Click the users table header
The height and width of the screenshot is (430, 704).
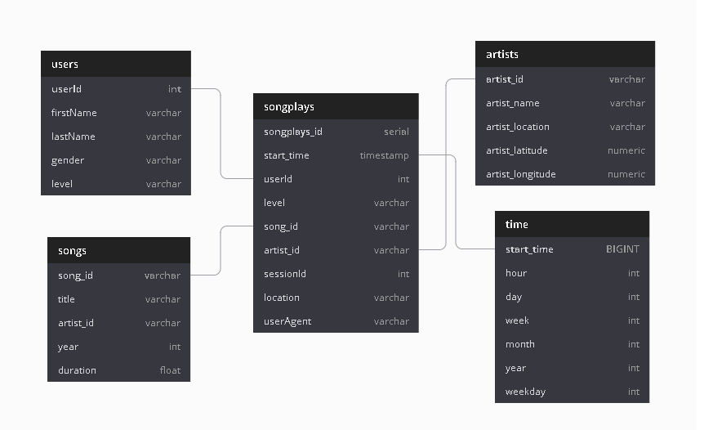(65, 64)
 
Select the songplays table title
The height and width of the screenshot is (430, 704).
(289, 106)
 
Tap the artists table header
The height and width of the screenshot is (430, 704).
(502, 54)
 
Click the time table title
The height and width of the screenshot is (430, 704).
(517, 224)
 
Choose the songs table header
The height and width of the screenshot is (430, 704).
(72, 250)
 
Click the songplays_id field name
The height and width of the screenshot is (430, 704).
(293, 131)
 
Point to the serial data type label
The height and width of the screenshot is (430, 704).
(396, 131)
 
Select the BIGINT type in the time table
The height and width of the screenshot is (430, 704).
(622, 249)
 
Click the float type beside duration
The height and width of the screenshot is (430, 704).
(170, 370)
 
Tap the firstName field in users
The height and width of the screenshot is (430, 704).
(74, 113)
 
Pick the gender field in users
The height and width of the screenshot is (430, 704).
(68, 160)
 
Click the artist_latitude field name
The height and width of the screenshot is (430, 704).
(517, 150)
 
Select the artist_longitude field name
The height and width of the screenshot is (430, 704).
(521, 174)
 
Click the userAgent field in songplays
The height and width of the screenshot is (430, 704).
(287, 321)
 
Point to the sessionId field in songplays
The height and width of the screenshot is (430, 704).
(285, 274)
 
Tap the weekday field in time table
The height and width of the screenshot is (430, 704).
(525, 392)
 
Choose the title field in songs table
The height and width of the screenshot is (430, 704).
(66, 299)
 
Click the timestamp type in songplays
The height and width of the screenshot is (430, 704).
(384, 155)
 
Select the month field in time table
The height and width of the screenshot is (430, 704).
(520, 344)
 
